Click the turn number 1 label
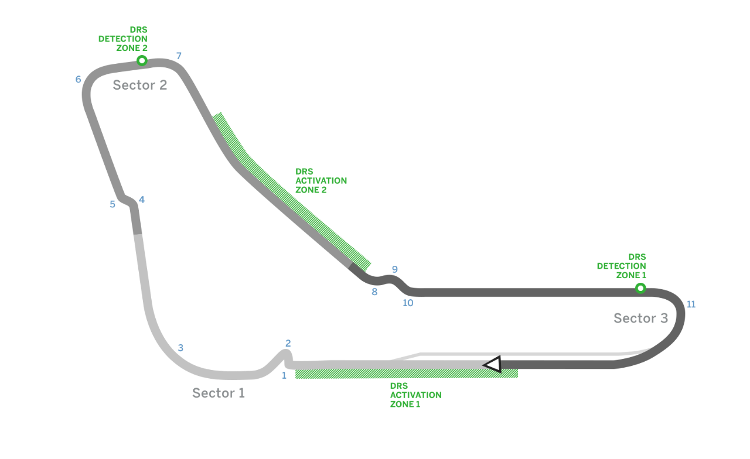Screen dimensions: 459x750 284,375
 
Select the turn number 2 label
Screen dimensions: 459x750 288,343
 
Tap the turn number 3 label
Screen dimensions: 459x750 180,348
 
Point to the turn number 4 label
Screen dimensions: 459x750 141,200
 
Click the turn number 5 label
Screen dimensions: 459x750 112,204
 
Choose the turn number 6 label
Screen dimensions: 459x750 78,80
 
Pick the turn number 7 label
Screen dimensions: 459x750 179,56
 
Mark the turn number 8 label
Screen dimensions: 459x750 374,292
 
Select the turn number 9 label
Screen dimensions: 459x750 394,270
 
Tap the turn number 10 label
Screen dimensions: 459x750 408,303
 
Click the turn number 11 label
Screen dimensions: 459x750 691,304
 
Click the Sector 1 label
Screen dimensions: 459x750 219,393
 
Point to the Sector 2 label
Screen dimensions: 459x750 140,85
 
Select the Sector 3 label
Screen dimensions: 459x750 640,318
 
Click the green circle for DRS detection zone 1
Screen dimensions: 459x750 640,288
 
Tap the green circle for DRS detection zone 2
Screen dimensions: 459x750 141,60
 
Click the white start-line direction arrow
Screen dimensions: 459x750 493,364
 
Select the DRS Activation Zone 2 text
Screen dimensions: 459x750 321,181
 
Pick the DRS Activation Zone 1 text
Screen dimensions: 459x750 415,395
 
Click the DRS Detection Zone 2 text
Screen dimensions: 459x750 123,39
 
